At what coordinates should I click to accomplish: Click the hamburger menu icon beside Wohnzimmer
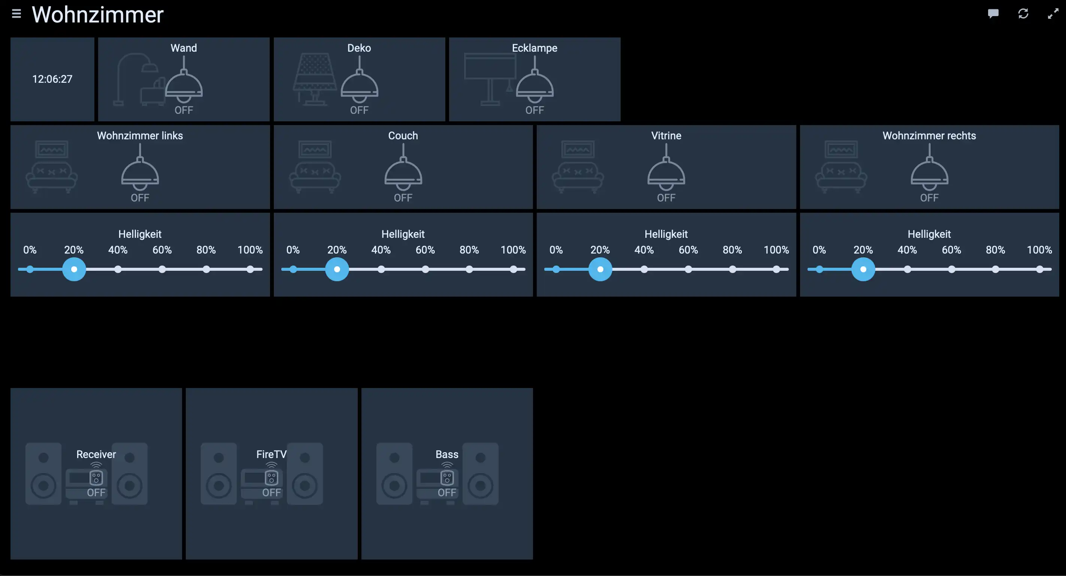pos(16,14)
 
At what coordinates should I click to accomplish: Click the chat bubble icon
pos(993,13)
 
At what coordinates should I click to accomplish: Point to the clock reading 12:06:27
pos(52,79)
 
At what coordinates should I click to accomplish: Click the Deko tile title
pos(359,48)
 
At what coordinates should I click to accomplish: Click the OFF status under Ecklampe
pos(534,110)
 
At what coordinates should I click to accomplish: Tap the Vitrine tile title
pos(666,136)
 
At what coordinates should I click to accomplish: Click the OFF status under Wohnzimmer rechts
pos(929,198)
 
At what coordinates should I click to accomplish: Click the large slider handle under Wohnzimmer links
pos(74,269)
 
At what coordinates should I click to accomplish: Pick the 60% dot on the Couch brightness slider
pos(425,269)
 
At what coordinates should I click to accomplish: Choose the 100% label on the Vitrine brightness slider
pos(776,250)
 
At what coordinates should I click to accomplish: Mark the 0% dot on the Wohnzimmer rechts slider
pos(820,269)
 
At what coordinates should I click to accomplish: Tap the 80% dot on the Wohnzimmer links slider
pos(206,269)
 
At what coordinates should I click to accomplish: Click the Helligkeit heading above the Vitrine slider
pos(666,234)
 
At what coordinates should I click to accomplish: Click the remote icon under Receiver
pos(96,478)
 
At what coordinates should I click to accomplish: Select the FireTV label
pos(272,454)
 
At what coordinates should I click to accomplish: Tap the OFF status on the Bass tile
pos(447,492)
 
